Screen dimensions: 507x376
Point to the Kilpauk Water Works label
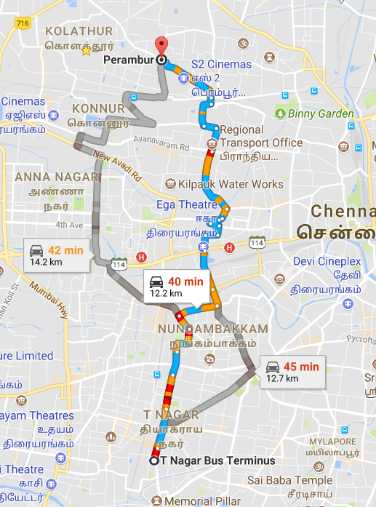pyautogui.click(x=230, y=184)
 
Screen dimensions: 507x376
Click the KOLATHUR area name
pyautogui.click(x=79, y=31)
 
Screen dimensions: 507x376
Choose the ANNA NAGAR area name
pyautogui.click(x=56, y=177)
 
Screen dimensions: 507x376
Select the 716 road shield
pyautogui.click(x=23, y=23)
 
